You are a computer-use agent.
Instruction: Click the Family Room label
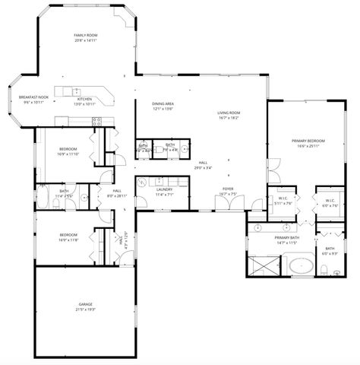point(85,36)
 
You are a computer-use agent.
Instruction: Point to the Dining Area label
point(163,103)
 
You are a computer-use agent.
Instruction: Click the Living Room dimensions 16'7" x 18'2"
point(229,118)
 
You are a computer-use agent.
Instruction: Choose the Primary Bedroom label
point(309,141)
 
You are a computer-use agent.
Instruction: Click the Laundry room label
point(165,189)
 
